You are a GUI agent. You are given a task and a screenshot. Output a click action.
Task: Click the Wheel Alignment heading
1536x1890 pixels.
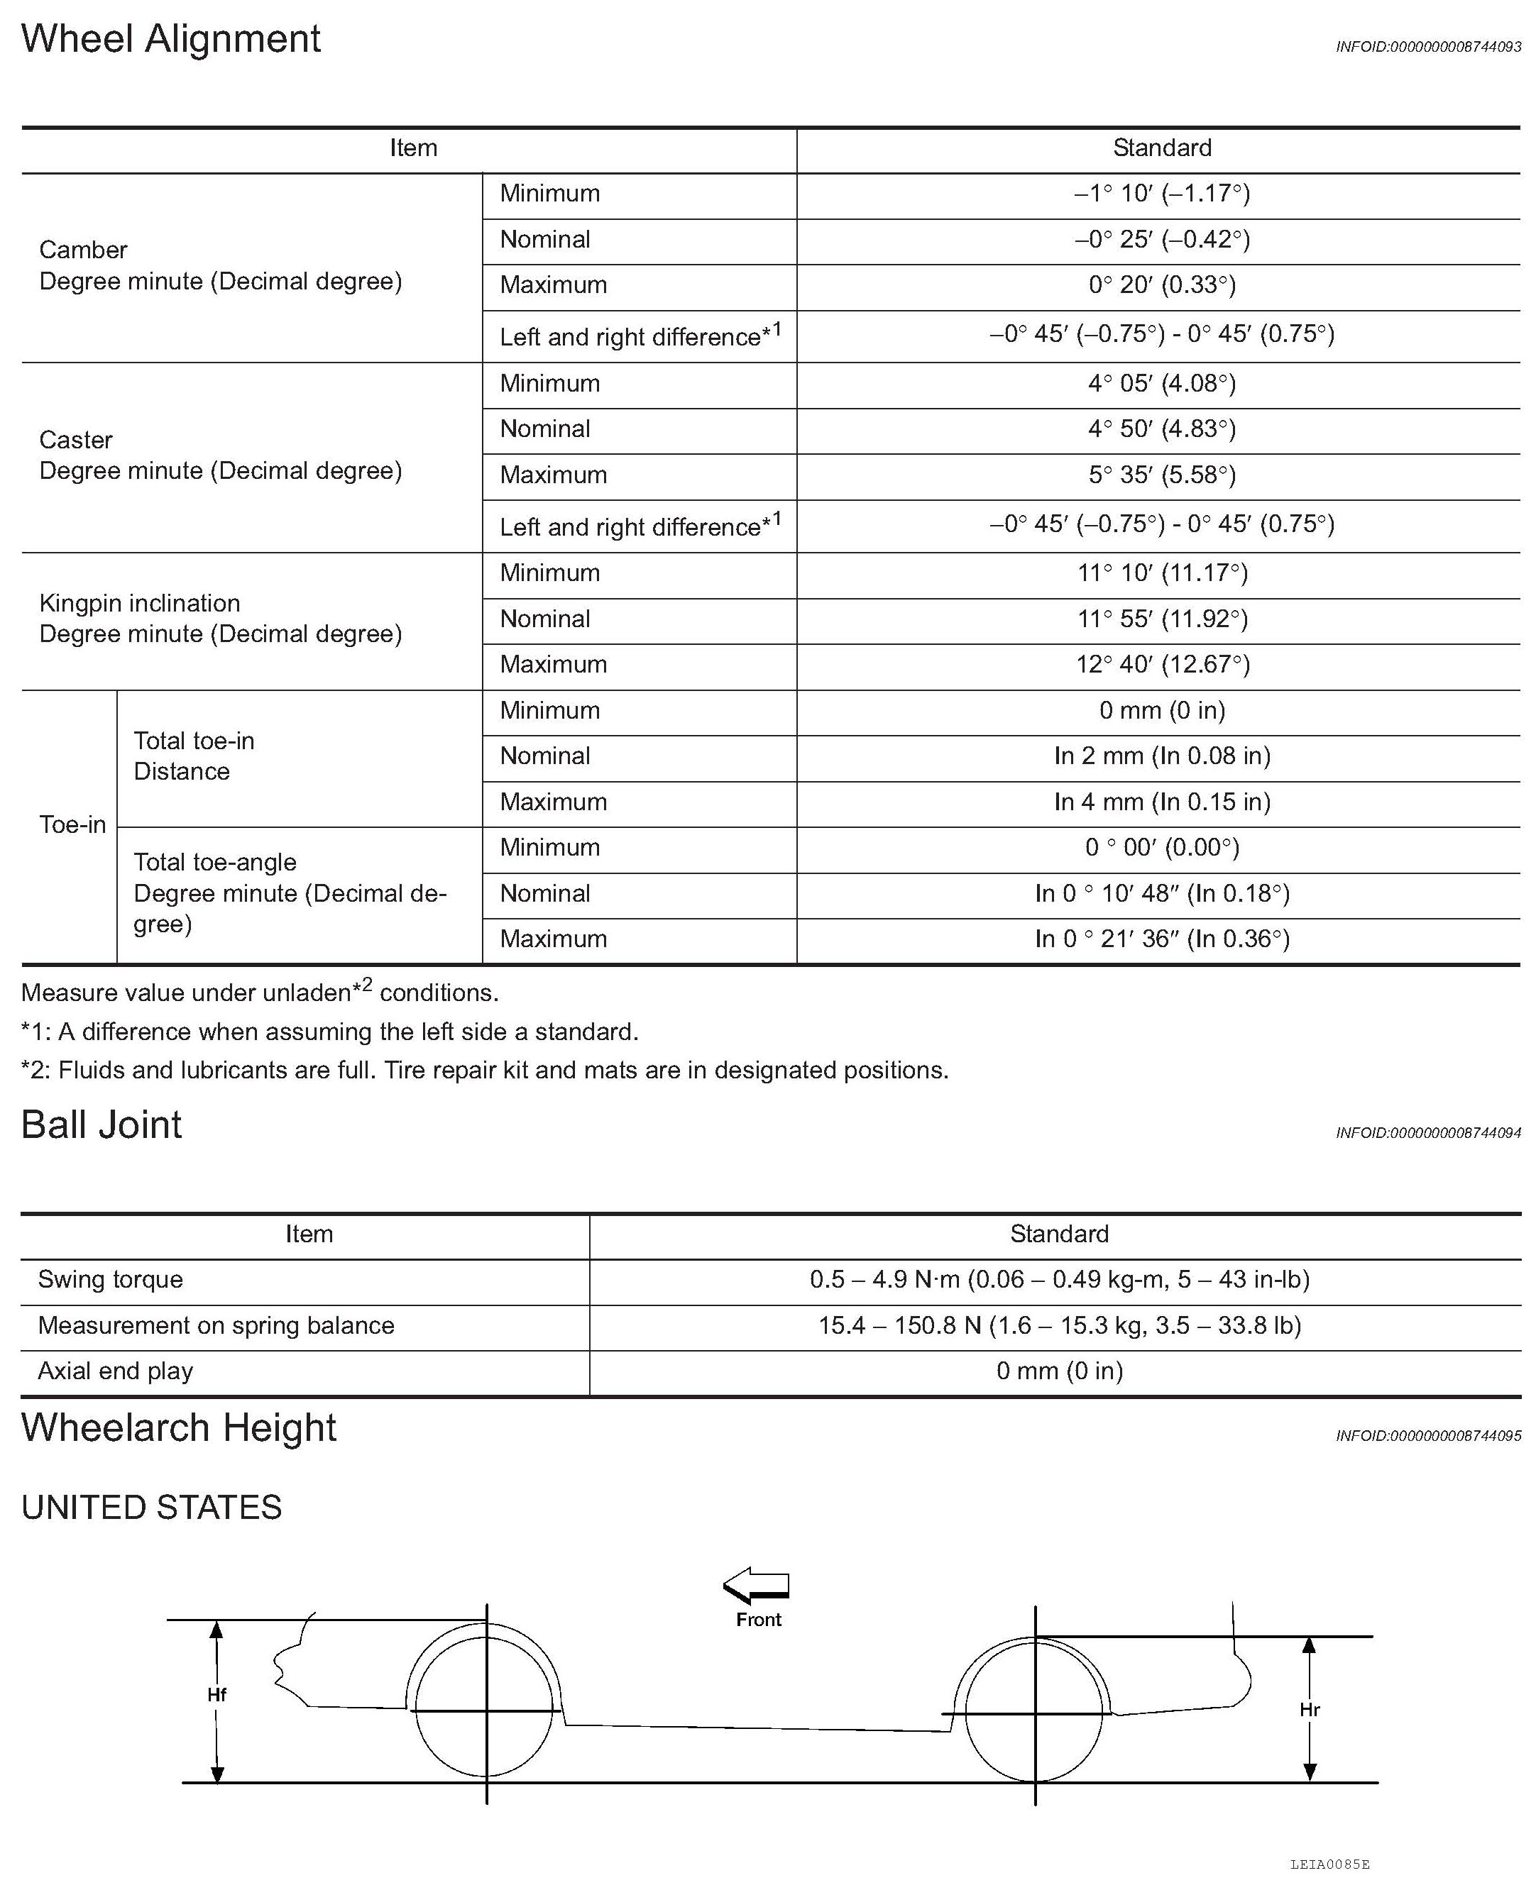(x=171, y=40)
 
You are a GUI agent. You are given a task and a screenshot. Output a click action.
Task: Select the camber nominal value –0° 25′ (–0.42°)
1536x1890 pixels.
(x=1162, y=240)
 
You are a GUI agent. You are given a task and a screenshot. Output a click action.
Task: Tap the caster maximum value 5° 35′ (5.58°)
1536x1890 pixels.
(x=1162, y=475)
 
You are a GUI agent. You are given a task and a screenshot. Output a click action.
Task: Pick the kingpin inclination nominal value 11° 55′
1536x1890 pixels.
(x=1162, y=619)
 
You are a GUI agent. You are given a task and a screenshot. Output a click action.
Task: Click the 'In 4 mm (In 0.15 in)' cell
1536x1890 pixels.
(x=1162, y=802)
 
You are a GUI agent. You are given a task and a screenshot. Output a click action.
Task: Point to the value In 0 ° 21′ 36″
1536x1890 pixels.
(x=1162, y=939)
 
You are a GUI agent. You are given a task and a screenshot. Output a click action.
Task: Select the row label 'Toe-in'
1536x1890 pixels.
(x=72, y=825)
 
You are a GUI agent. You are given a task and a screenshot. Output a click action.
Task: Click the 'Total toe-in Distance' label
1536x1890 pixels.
(x=194, y=756)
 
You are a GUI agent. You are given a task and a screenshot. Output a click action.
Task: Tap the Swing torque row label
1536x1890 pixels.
(x=111, y=1280)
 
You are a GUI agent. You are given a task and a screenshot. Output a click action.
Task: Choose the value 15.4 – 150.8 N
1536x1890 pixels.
(x=1059, y=1326)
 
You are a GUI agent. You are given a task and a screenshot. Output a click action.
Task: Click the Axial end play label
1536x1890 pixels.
(x=116, y=1371)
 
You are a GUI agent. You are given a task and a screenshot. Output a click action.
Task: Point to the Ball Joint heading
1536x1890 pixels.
(x=102, y=1126)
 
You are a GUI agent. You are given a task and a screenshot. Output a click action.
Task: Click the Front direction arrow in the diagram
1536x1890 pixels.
(x=757, y=1586)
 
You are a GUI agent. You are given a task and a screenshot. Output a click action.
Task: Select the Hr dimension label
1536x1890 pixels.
(x=1310, y=1711)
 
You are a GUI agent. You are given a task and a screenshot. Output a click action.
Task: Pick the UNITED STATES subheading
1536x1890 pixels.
(x=151, y=1508)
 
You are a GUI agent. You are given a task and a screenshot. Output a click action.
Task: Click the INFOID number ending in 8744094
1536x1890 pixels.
(x=1428, y=1133)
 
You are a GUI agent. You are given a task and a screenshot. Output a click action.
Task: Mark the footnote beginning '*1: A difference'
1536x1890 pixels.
(x=329, y=1032)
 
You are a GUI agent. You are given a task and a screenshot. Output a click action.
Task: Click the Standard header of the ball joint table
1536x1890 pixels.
(x=1059, y=1234)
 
